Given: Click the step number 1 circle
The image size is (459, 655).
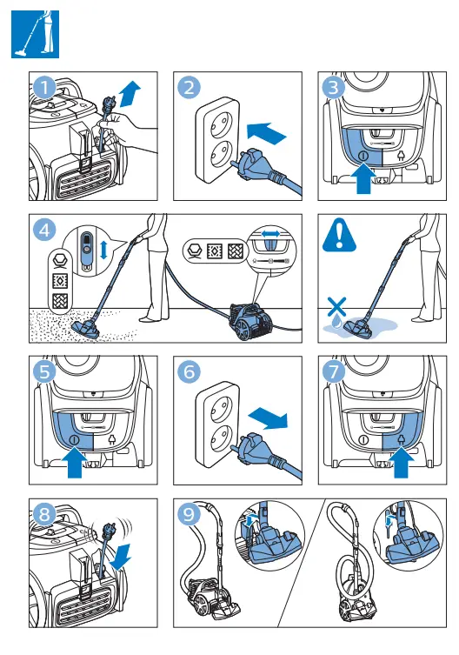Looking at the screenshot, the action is pos(44,88).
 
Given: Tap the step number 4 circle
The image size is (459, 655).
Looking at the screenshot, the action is pos(44,231).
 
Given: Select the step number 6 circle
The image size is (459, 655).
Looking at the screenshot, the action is pos(189,371).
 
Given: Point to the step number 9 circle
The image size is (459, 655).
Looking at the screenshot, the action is pos(189,514).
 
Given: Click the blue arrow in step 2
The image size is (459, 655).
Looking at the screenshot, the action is pos(267,132).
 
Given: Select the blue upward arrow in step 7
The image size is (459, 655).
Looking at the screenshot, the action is pos(401,462).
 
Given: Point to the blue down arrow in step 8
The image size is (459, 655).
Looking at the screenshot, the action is pos(121,556).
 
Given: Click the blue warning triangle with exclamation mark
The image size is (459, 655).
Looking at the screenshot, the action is pos(339,235).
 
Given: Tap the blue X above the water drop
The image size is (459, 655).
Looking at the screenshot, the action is pos(336,307).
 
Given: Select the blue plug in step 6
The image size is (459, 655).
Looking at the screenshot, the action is pos(255,451).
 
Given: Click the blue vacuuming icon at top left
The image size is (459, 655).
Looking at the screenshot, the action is pos(35,34).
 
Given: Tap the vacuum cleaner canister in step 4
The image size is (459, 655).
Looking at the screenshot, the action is pos(251,320).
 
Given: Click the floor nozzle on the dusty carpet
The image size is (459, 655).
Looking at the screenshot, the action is pos(86,329).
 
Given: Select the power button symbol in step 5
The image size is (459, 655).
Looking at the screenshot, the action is pos(74,439).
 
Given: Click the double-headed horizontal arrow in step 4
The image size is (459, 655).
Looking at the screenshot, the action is pos(271,234).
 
